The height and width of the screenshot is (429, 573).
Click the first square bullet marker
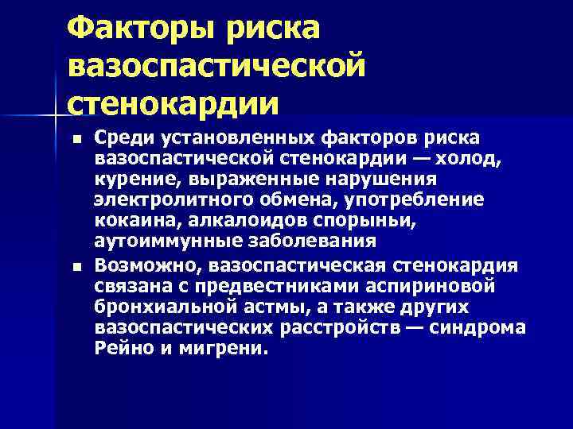click(76, 139)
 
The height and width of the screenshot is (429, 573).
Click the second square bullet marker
click(76, 265)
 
